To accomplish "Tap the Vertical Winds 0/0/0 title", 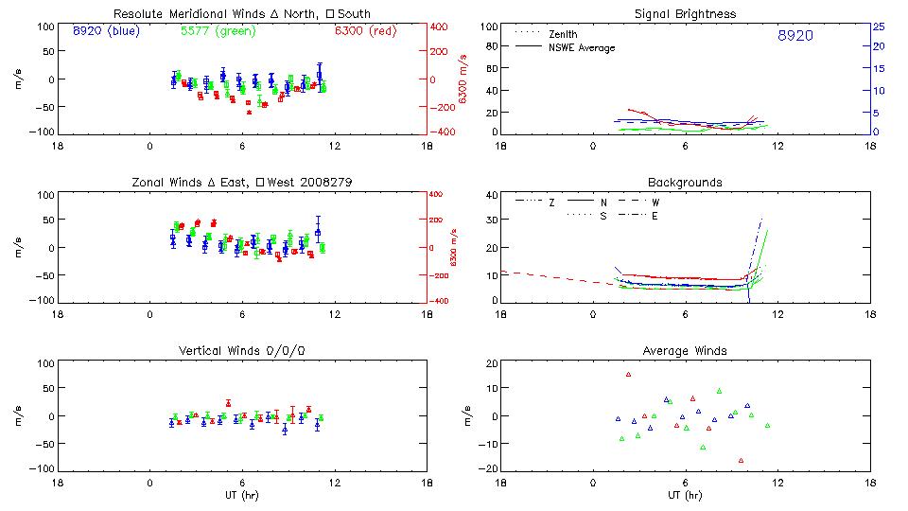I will (x=242, y=351).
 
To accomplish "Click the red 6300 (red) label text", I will (x=365, y=30).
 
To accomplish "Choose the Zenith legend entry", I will (x=563, y=34).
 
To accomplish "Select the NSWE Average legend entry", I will (x=581, y=47).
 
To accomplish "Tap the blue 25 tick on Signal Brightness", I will (x=877, y=26).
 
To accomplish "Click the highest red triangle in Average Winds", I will (x=628, y=375).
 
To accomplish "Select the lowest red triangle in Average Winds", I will (x=741, y=460).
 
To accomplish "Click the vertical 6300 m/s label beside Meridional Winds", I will (x=463, y=79).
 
